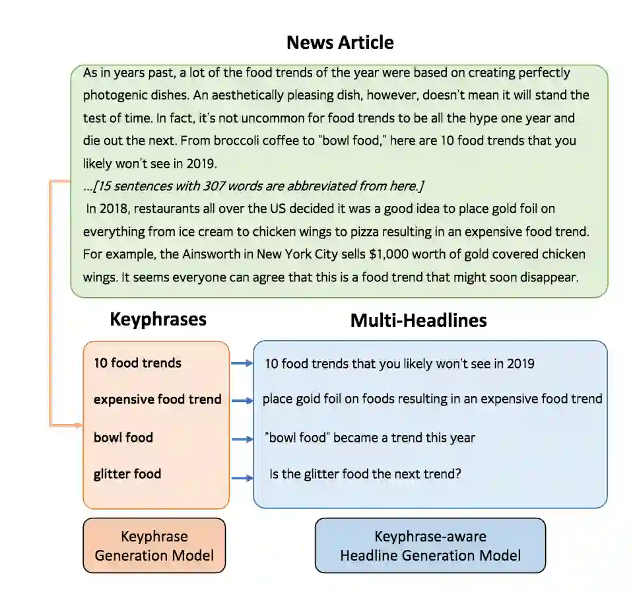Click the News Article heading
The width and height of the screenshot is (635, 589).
pyautogui.click(x=340, y=42)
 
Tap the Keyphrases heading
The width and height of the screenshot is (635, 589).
pyautogui.click(x=158, y=320)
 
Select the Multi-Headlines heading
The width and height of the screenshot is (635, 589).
pyautogui.click(x=418, y=320)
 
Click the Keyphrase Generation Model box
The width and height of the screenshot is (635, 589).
pyautogui.click(x=154, y=545)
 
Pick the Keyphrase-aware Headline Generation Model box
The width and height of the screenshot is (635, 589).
pyautogui.click(x=430, y=545)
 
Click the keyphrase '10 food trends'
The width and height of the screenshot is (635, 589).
pyautogui.click(x=137, y=363)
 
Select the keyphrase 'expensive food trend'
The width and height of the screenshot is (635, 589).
pyautogui.click(x=157, y=399)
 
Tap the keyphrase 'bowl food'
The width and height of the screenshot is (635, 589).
pyautogui.click(x=123, y=437)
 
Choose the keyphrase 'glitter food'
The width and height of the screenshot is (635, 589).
pyautogui.click(x=127, y=473)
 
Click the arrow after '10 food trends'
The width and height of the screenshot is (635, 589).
pyautogui.click(x=242, y=363)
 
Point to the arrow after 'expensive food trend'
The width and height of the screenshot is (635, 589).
pyautogui.click(x=242, y=400)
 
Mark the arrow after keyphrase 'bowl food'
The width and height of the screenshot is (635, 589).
pyautogui.click(x=242, y=438)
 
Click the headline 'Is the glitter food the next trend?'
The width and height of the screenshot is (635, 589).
pyautogui.click(x=365, y=474)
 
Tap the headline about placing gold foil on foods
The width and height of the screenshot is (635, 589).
pyautogui.click(x=432, y=399)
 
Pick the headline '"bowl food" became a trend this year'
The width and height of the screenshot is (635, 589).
pyautogui.click(x=370, y=437)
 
